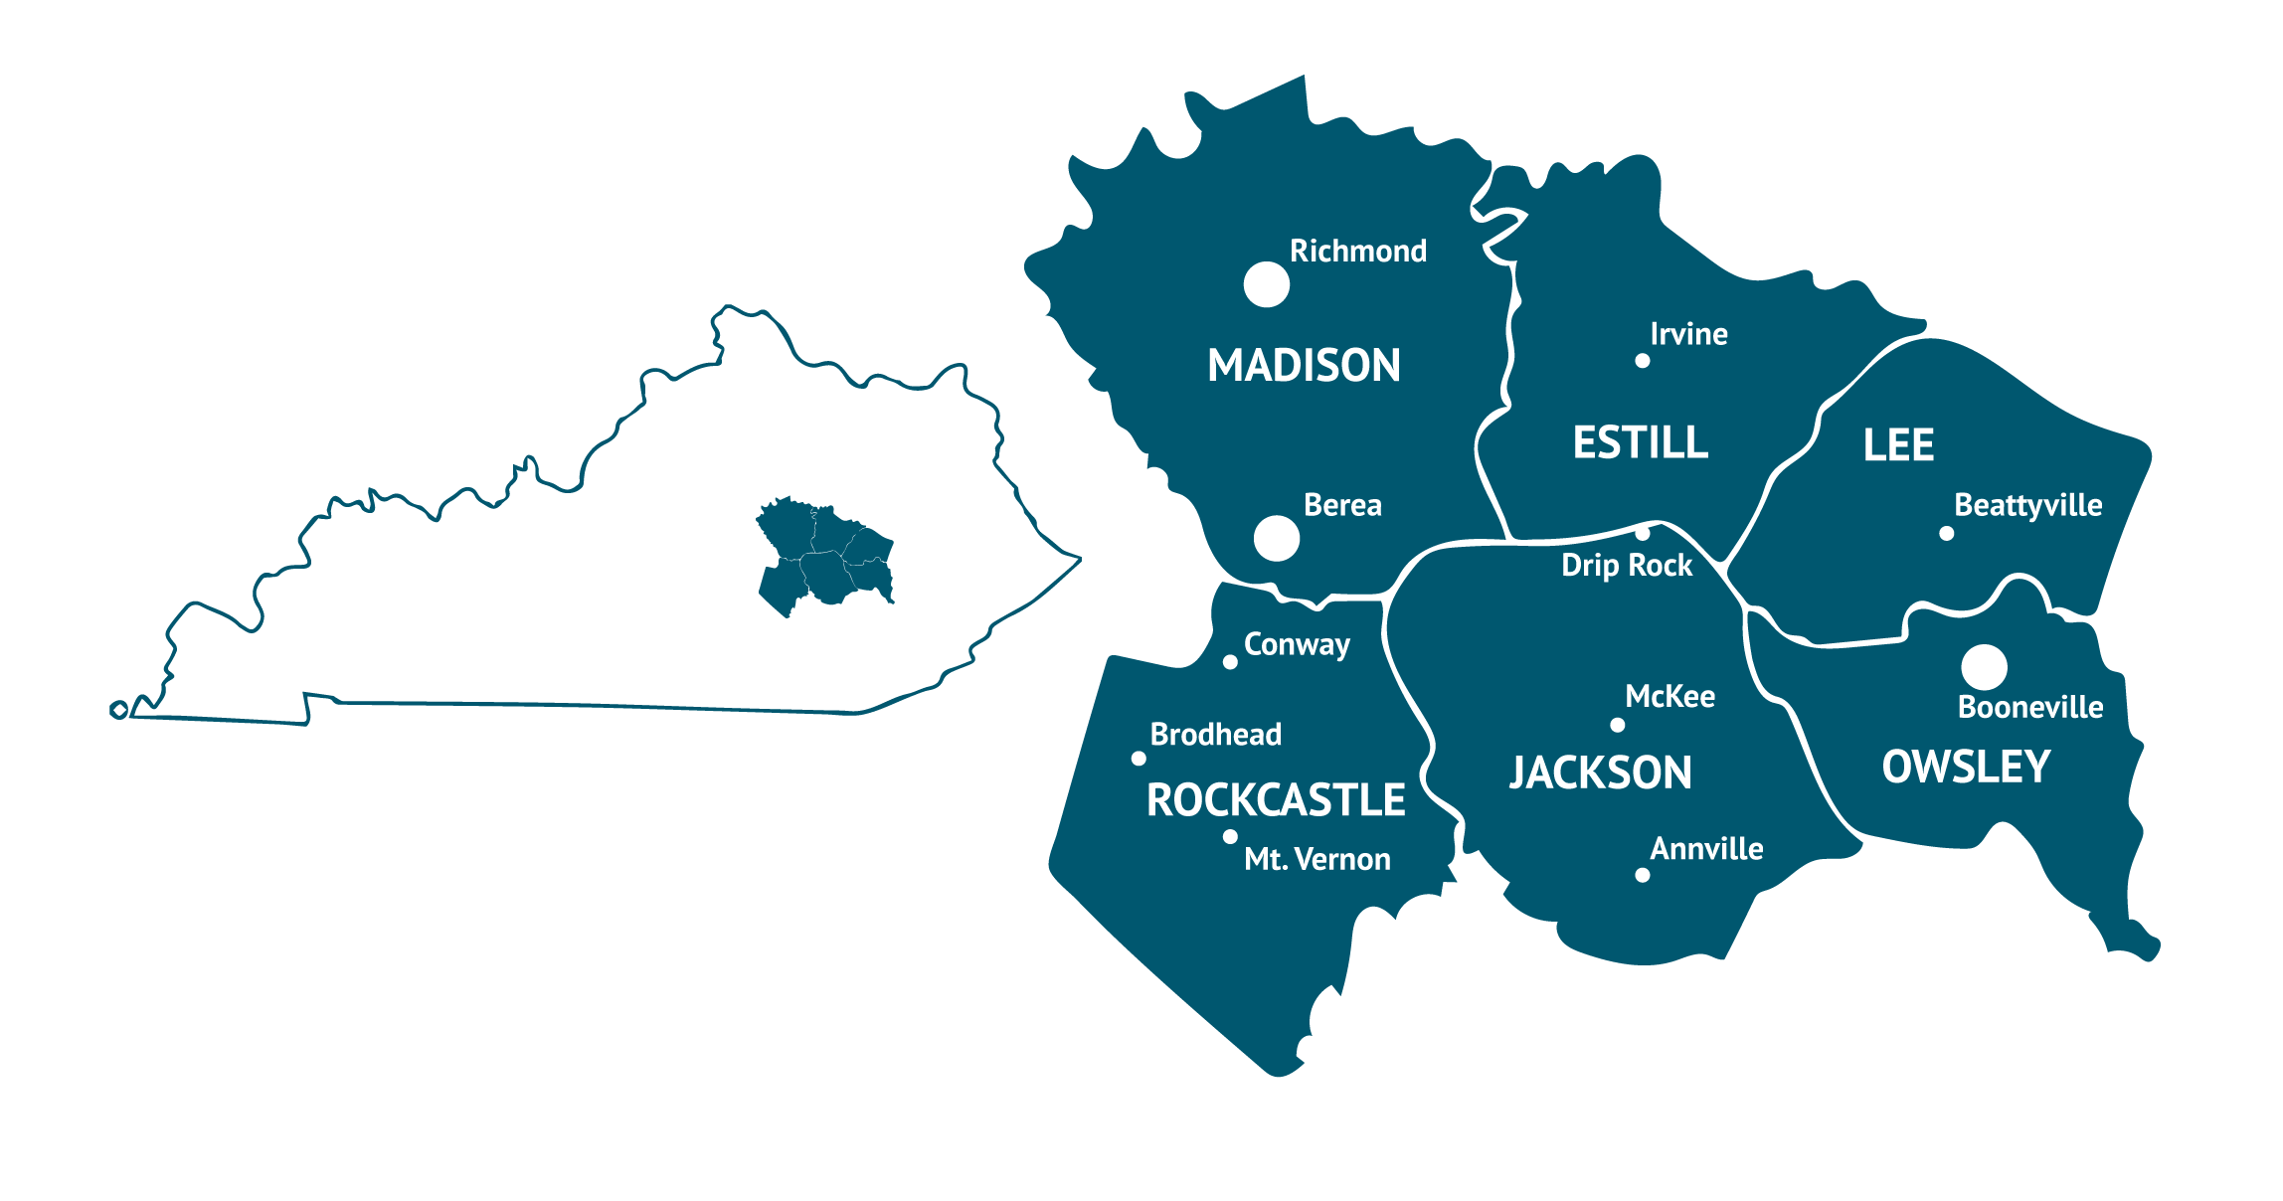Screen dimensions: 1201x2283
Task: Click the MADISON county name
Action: coord(1304,365)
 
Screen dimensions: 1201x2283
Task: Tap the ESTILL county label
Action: coord(1640,442)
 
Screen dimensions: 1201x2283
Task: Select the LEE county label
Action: coord(1898,444)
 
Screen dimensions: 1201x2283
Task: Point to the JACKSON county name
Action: coord(1600,772)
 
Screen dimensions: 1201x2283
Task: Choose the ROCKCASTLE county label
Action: coord(1276,800)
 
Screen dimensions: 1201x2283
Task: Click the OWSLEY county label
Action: coord(1966,767)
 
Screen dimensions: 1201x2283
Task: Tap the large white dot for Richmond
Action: coord(1267,285)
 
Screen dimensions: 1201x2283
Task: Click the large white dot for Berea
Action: coord(1277,539)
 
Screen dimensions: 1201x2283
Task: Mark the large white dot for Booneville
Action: coord(1985,667)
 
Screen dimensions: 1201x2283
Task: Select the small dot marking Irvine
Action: coord(1643,361)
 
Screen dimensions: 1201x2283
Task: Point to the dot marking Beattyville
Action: coord(1947,534)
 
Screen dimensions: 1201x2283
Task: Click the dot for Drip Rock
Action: coord(1643,533)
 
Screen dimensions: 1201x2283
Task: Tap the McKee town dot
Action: coord(1618,725)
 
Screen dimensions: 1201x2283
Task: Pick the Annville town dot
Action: coord(1643,875)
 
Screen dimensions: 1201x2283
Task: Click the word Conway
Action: coord(1297,645)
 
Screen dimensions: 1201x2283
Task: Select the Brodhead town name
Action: coord(1215,735)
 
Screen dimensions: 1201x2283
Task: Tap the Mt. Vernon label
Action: coord(1317,859)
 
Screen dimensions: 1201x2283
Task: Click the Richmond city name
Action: coord(1357,251)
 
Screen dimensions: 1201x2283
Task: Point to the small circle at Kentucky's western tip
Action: coord(119,709)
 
